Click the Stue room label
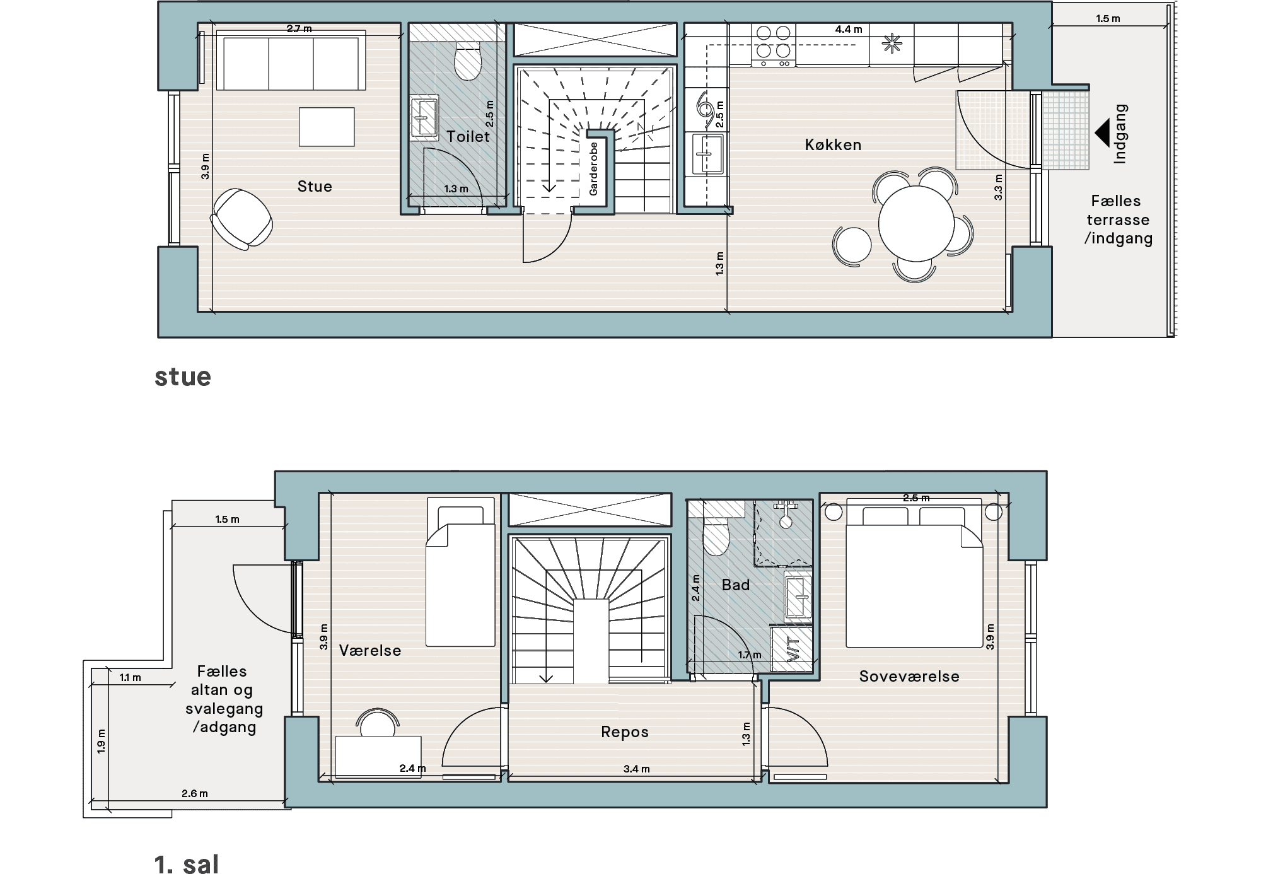point(315,186)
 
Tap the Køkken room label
point(833,144)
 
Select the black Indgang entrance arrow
point(1101,133)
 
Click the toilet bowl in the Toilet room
point(468,61)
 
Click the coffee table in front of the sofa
point(327,127)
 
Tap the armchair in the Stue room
point(241,219)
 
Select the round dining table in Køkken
point(916,224)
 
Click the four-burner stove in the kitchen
point(774,45)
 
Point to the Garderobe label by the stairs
point(593,168)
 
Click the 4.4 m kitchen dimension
point(849,29)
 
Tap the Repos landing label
point(625,732)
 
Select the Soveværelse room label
point(909,676)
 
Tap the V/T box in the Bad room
point(792,648)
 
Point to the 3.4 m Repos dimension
point(636,769)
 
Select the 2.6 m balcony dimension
point(195,793)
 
